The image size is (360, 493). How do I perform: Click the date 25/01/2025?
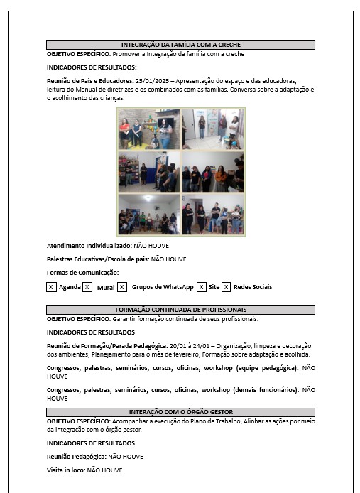point(152,81)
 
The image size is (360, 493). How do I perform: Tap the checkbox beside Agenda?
point(51,287)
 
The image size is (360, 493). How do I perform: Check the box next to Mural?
point(87,287)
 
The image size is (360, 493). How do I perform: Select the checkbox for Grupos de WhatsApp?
point(122,287)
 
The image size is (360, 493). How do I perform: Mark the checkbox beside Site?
point(202,287)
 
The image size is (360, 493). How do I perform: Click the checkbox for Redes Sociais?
point(226,287)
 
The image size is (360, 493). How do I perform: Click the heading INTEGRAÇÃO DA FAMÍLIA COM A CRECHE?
point(181,45)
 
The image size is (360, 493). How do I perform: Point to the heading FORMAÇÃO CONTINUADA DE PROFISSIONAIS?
point(181,310)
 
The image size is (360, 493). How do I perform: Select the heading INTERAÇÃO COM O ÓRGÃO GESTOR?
point(181,412)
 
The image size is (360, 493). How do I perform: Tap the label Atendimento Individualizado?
point(89,246)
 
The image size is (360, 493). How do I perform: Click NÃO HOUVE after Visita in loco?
point(104,470)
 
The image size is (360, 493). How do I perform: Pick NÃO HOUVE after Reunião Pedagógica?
point(126,457)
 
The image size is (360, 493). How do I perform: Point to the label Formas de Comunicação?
point(82,273)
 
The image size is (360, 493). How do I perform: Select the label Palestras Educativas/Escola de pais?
point(98,259)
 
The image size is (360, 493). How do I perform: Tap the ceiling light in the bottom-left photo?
point(148,198)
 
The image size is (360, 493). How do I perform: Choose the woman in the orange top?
point(221,178)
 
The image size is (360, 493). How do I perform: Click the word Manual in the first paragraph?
point(86,90)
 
